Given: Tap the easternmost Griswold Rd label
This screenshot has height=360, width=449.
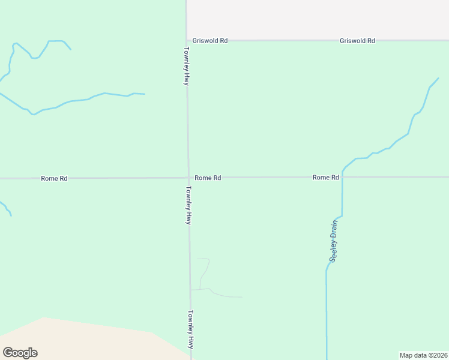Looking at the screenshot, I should (x=357, y=41).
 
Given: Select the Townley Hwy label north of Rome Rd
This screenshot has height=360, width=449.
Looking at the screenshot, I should (x=187, y=66).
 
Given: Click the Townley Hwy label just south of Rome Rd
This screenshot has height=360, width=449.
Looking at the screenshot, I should (x=188, y=205).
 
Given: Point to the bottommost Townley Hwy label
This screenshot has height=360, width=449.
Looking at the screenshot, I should (x=191, y=329).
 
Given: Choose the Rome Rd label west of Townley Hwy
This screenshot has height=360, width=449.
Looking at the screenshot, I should (x=54, y=178).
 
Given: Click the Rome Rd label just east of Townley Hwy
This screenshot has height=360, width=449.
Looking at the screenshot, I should (x=208, y=178).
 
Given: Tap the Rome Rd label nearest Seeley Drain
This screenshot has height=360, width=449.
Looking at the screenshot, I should (x=326, y=178).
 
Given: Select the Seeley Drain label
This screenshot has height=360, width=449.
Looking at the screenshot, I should (x=334, y=242).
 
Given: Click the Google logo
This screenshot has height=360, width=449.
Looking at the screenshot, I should (x=20, y=353).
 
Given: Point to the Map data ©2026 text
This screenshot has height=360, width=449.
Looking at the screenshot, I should (x=423, y=355).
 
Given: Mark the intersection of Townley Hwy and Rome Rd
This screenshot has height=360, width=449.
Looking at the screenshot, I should (x=188, y=178).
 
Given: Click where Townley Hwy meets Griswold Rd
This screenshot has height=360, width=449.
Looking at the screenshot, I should (x=187, y=41).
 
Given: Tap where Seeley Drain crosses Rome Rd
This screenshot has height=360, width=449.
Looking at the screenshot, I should (x=342, y=178).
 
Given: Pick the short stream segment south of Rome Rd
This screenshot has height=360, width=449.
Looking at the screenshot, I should (x=6, y=208).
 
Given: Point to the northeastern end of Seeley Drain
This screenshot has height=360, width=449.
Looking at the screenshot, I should (x=438, y=78).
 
